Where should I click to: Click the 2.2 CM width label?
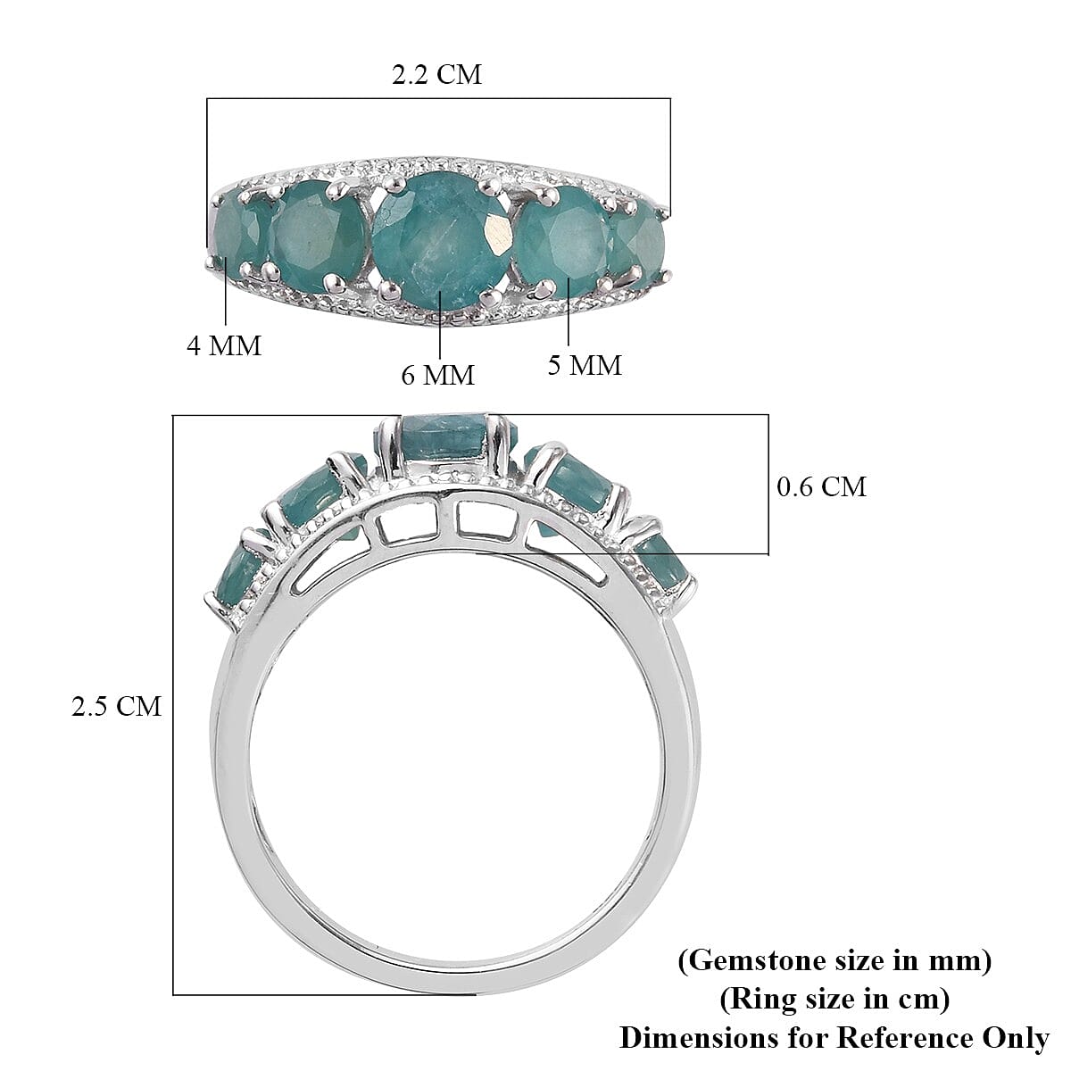(x=436, y=74)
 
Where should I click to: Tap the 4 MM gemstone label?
(x=224, y=345)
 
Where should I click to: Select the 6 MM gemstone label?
(x=437, y=375)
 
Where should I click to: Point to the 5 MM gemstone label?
(x=585, y=364)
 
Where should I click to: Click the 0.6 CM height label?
(x=822, y=486)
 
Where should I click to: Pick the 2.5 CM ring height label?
(x=117, y=706)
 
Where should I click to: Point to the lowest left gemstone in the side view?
(x=237, y=571)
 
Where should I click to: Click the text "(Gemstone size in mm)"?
(x=834, y=961)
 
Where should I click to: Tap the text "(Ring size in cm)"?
(x=834, y=1000)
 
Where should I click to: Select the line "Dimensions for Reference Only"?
(x=834, y=1038)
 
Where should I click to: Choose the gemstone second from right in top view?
(x=560, y=236)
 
